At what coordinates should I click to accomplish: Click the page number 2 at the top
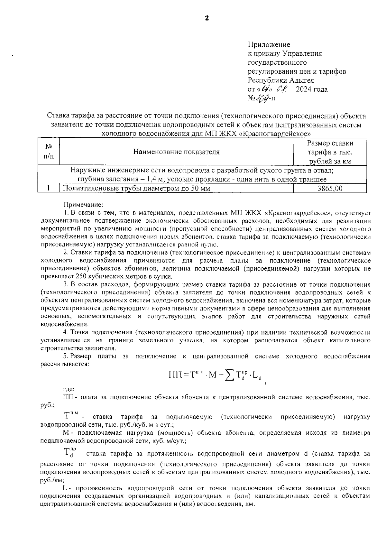tap(207, 18)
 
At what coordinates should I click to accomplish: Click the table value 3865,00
tap(330, 189)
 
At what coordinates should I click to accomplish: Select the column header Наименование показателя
tap(177, 152)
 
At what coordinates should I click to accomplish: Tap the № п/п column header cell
tap(49, 152)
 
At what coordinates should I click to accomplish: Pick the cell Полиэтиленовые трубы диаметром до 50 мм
tap(136, 189)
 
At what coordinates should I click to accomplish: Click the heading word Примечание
tap(83, 204)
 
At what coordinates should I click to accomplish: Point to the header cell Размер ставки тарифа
tap(330, 152)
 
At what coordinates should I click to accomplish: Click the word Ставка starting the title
tap(58, 116)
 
